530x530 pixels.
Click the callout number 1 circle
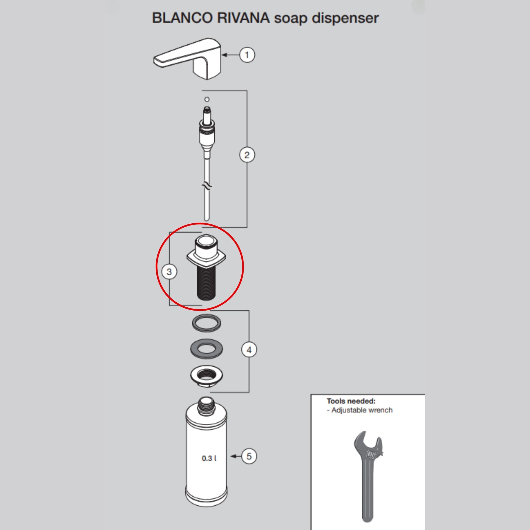click(247, 55)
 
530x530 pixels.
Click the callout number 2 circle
click(247, 155)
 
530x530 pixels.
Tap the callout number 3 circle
click(169, 272)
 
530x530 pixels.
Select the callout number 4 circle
click(249, 350)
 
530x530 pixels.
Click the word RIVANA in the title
click(243, 18)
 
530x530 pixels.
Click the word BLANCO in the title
click(182, 18)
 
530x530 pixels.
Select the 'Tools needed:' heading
click(351, 401)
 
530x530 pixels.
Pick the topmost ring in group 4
click(206, 323)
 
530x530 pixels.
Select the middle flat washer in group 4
click(206, 349)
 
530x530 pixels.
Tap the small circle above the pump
click(207, 99)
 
